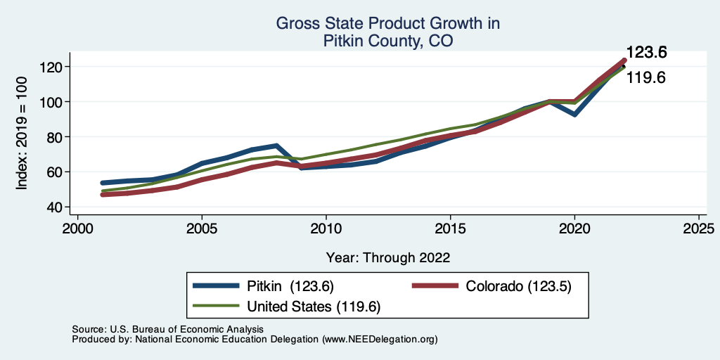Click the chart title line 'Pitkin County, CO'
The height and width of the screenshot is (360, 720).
click(x=387, y=41)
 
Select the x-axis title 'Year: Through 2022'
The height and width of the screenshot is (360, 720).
click(x=387, y=257)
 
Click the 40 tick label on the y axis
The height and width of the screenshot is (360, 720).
click(x=55, y=207)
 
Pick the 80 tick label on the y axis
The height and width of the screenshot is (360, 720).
click(x=55, y=136)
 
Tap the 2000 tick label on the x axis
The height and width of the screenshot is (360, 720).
click(x=77, y=229)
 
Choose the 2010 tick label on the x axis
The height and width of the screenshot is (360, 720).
click(x=326, y=229)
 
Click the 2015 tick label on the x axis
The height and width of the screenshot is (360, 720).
click(x=450, y=229)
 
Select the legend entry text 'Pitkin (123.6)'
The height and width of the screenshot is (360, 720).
click(x=290, y=286)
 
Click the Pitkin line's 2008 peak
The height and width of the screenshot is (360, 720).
click(x=276, y=146)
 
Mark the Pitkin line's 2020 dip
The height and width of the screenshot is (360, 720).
click(x=574, y=114)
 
